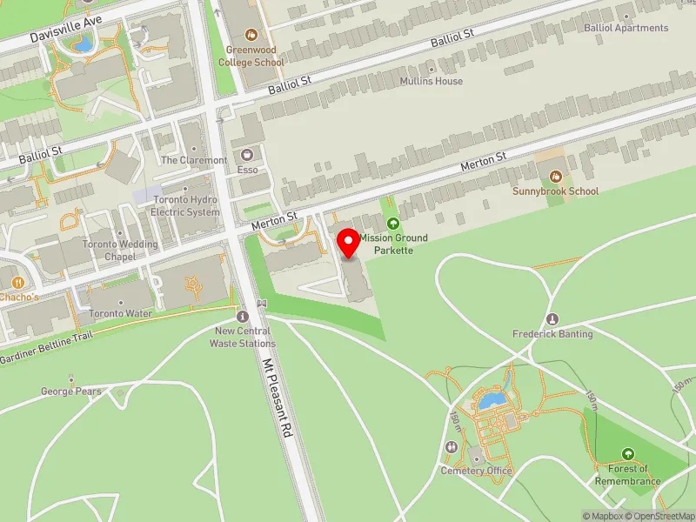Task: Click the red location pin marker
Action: [x=349, y=243]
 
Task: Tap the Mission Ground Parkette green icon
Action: [x=391, y=224]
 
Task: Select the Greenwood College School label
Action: [x=251, y=56]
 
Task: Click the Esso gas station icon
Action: [x=247, y=153]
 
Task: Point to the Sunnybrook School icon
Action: [x=555, y=177]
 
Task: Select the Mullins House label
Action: [x=432, y=81]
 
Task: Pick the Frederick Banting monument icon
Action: [x=552, y=318]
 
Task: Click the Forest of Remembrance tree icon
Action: [x=628, y=453]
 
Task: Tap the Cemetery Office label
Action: [x=476, y=471]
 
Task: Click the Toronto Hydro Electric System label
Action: [x=185, y=205]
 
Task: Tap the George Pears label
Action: [x=71, y=391]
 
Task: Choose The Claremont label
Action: [x=194, y=160]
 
